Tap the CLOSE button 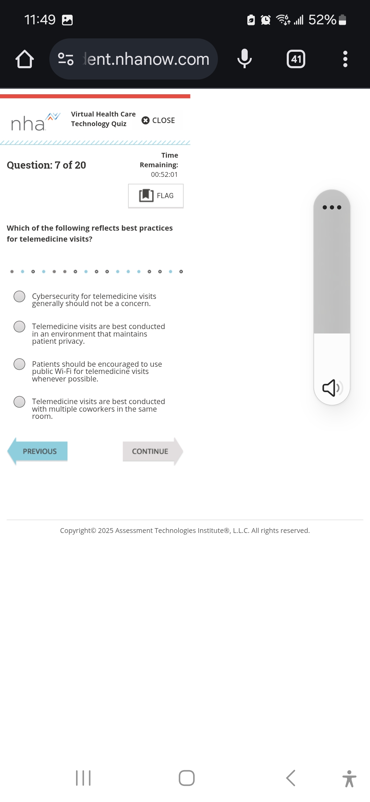point(158,120)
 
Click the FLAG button point(156,196)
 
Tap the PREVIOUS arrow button point(38,451)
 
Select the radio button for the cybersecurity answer point(20,296)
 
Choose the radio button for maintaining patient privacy point(20,327)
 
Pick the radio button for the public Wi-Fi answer point(20,364)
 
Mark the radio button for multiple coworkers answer point(20,402)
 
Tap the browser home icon point(25,59)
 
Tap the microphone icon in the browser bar point(244,59)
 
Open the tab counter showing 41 point(296,59)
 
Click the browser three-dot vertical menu point(345,59)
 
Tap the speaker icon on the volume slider point(331,388)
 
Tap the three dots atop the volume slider point(332,207)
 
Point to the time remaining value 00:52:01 point(164,174)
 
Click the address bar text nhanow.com point(147,59)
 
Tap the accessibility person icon point(349,779)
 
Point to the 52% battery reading point(322,20)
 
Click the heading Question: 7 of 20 point(47,165)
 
